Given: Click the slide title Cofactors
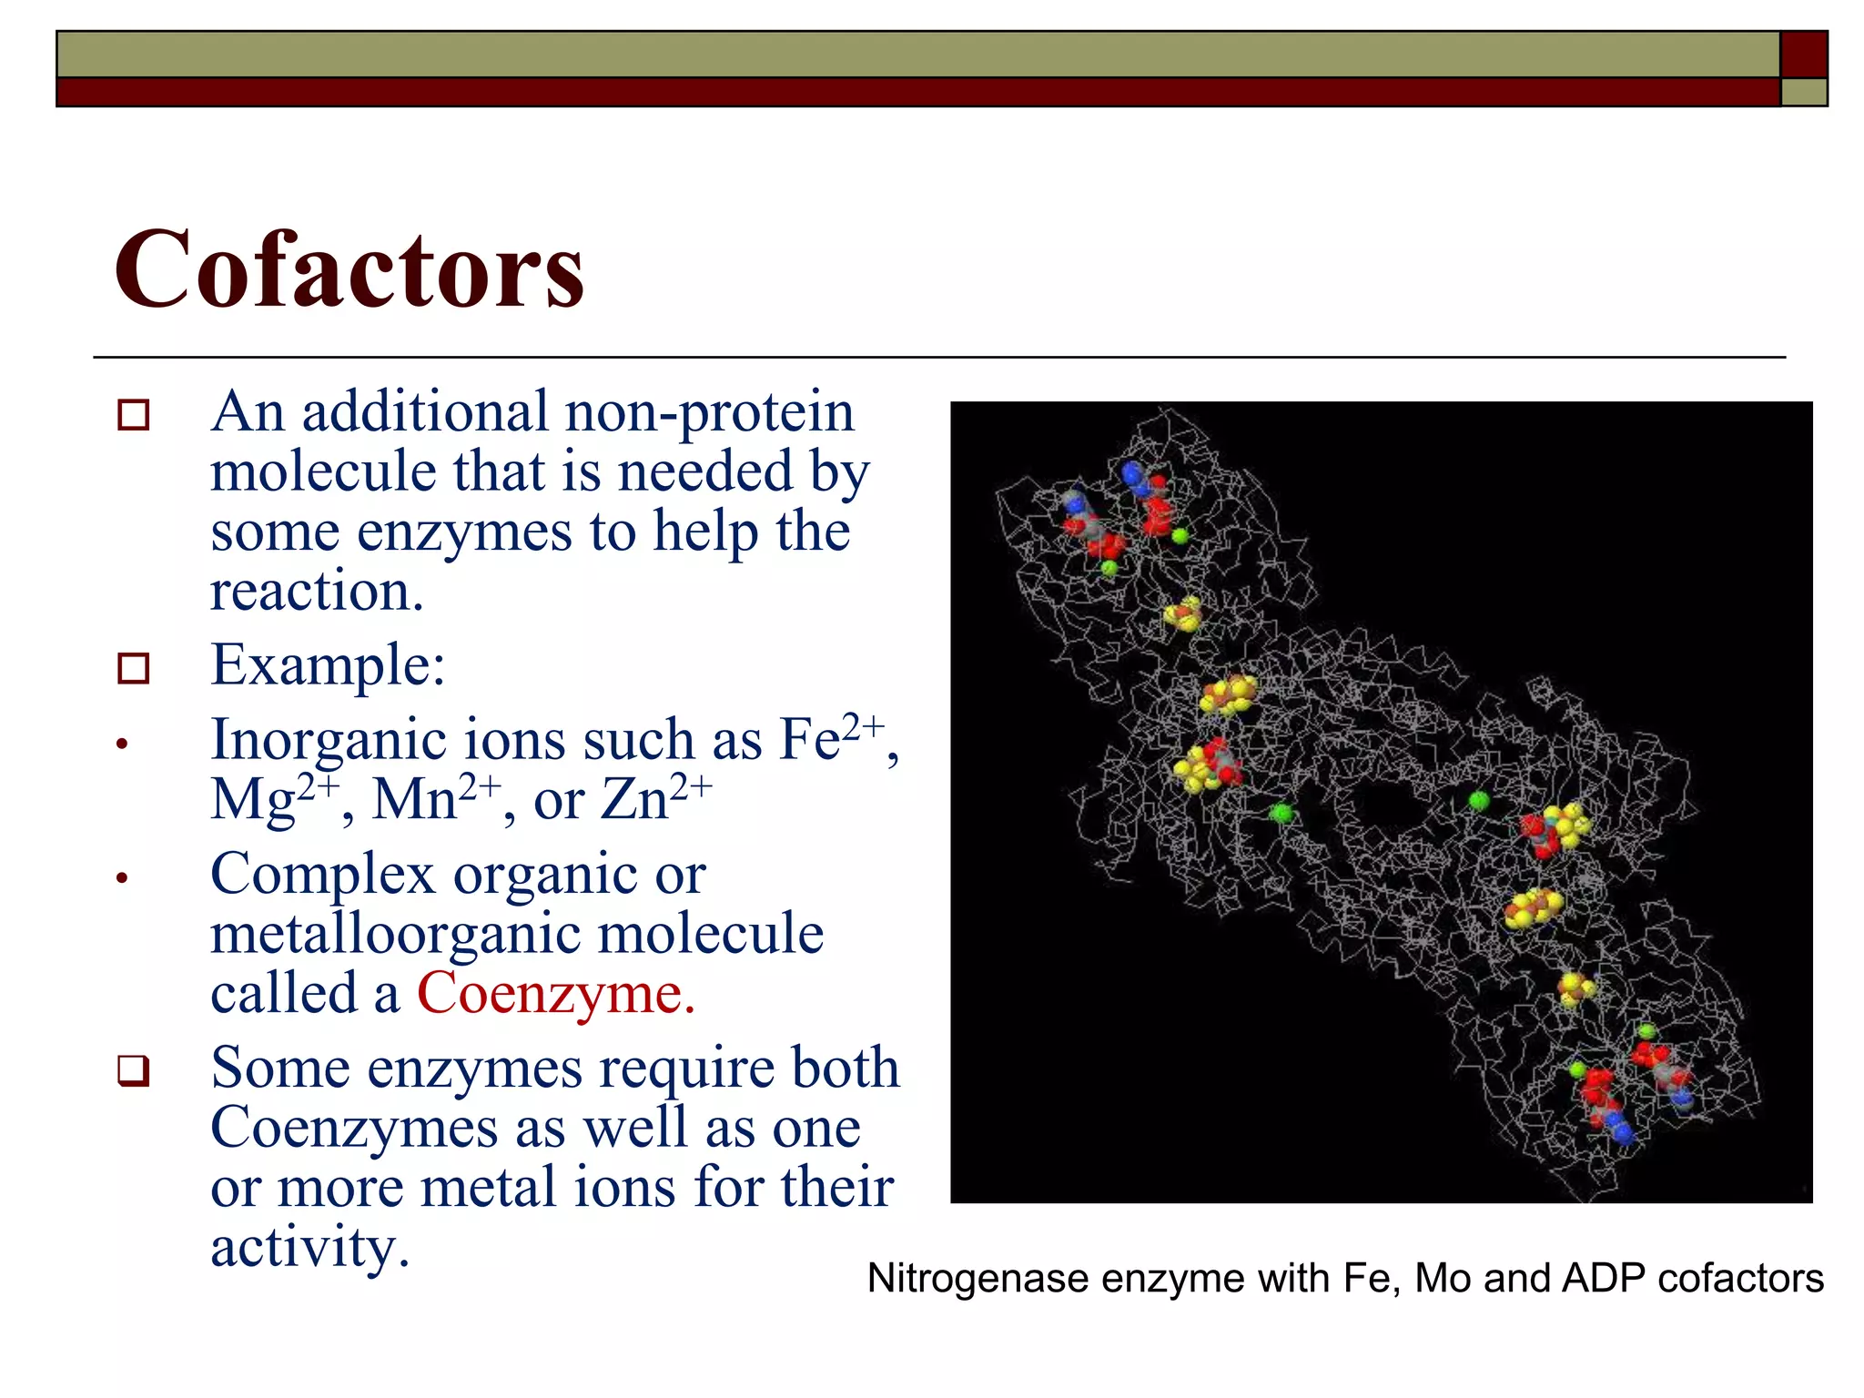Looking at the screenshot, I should [x=349, y=269].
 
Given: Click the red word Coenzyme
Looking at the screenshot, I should [x=555, y=993].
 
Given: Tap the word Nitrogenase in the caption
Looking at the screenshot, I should [x=978, y=1279].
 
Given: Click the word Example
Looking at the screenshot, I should [x=326, y=664].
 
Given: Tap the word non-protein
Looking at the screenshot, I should [x=709, y=411].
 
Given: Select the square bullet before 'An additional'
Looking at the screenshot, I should [x=133, y=415].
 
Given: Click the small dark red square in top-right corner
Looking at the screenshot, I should [x=1803, y=55].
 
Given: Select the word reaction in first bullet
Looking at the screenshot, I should [x=316, y=592].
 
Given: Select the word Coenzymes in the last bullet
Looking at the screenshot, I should [x=354, y=1129].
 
